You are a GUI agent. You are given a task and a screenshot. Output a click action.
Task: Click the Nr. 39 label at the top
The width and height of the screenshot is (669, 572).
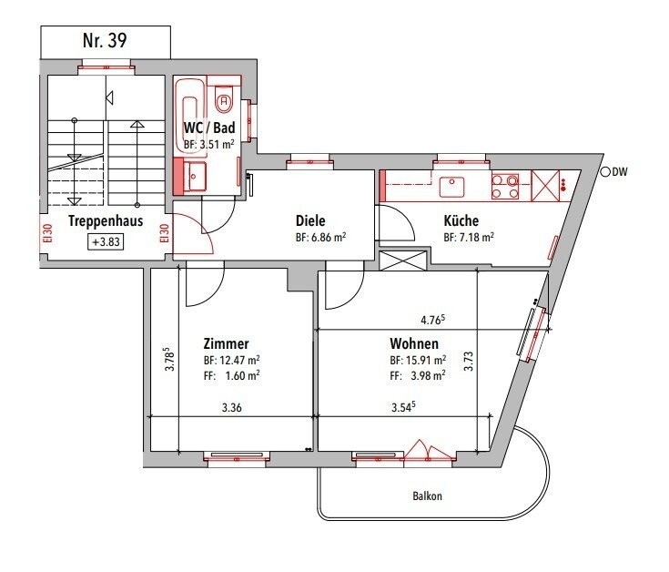click(x=106, y=39)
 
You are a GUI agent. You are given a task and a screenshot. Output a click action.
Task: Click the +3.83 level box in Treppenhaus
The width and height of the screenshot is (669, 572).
click(x=106, y=242)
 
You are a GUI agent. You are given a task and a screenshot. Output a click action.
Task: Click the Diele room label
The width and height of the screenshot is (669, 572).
click(x=310, y=220)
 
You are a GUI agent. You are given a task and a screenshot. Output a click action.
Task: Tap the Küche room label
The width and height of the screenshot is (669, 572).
click(x=461, y=220)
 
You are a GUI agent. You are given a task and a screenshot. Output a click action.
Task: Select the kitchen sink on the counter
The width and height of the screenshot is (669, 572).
click(x=452, y=187)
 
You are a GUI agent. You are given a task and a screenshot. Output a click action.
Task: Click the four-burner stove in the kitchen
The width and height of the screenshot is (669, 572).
click(x=505, y=187)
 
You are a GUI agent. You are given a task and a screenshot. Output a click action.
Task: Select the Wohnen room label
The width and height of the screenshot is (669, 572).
click(x=414, y=344)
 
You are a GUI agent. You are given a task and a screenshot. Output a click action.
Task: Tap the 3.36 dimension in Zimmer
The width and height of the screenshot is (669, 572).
click(x=231, y=409)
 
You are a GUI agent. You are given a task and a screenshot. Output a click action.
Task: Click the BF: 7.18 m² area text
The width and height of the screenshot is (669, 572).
click(x=469, y=237)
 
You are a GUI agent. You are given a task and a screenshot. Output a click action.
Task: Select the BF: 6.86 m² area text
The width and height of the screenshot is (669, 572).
click(x=320, y=237)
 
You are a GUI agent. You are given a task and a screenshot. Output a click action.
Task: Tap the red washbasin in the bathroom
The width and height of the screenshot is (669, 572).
click(x=195, y=176)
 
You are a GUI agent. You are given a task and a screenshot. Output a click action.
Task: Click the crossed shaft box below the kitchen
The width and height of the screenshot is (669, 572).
click(x=401, y=260)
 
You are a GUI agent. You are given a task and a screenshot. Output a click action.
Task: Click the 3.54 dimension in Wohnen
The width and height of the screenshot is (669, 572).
click(x=401, y=409)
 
